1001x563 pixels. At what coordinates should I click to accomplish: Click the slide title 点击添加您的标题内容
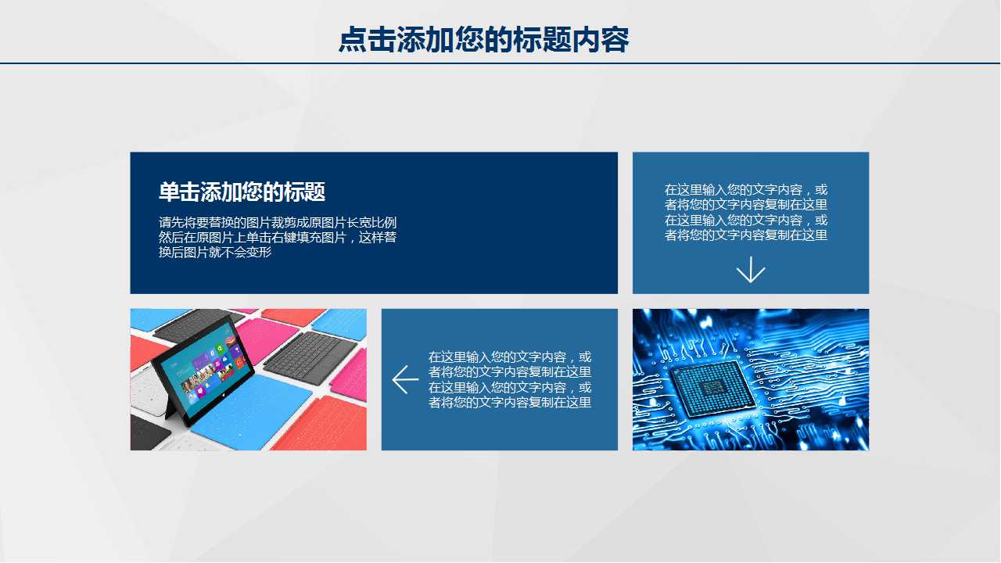[x=483, y=40]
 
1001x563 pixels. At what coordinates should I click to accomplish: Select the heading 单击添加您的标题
[x=242, y=192]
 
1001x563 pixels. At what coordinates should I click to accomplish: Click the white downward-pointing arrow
[x=751, y=270]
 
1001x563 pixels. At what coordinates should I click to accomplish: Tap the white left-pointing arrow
[x=405, y=379]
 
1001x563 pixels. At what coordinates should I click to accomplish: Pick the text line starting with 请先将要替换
[x=278, y=223]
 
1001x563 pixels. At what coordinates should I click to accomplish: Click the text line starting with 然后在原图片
[x=278, y=238]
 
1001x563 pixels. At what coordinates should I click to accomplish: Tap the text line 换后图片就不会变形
[x=215, y=253]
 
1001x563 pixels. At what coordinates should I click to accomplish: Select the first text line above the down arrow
[x=746, y=190]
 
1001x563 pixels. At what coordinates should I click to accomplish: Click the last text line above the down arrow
[x=746, y=235]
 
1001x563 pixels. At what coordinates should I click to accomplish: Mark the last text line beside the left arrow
[x=510, y=402]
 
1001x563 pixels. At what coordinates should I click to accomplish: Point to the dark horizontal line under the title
[x=500, y=63]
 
